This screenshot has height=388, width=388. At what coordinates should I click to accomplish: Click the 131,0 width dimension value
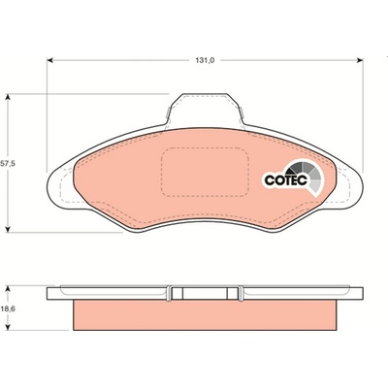pos(206,60)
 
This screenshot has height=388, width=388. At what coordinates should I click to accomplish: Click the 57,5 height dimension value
pos(7,164)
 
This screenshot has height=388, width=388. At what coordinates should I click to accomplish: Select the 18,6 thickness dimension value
pos(9,308)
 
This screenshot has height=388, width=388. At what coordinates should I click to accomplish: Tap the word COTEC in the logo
pos(285,180)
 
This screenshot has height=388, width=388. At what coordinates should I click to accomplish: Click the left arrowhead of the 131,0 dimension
pos(49,60)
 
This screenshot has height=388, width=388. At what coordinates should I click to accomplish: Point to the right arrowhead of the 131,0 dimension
pos(360,60)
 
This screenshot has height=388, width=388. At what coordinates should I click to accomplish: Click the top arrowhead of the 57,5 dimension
pos(9,97)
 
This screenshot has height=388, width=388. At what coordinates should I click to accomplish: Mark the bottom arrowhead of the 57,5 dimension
pos(9,229)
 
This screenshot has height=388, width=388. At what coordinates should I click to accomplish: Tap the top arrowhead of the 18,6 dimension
pos(9,288)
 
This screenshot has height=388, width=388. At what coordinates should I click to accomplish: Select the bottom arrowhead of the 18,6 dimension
pos(9,327)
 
